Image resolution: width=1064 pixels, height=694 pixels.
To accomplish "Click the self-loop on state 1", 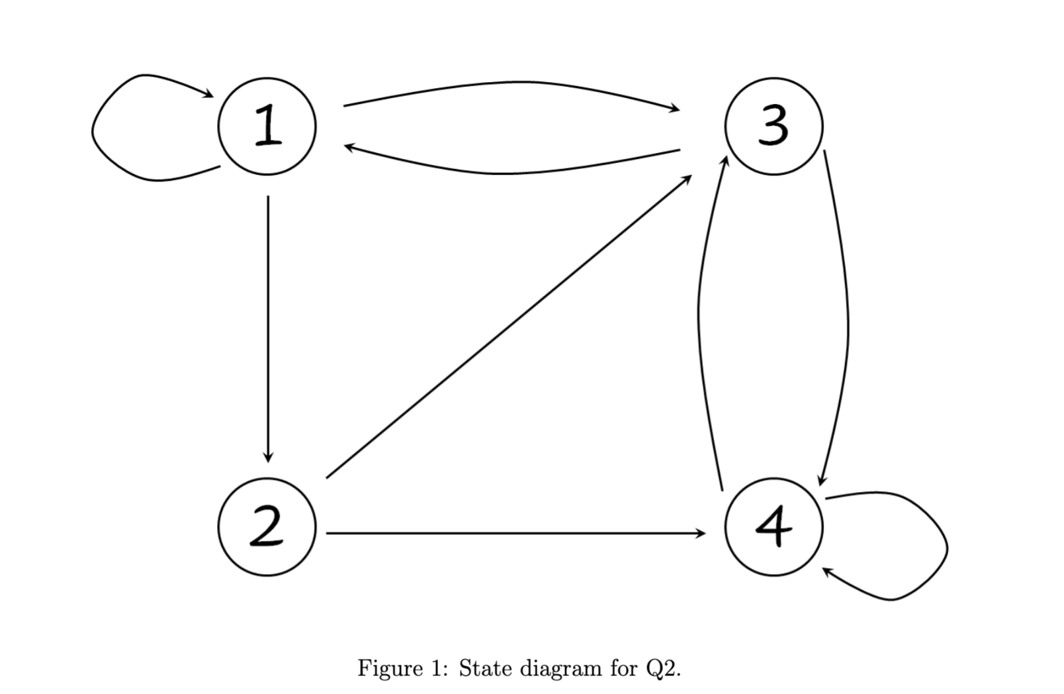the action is [92, 128].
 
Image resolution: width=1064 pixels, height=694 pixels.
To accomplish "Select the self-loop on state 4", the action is [948, 546].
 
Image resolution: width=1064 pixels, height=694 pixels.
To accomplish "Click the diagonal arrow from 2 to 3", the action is [509, 326].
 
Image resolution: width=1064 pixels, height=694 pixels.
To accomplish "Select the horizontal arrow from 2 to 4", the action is [516, 533].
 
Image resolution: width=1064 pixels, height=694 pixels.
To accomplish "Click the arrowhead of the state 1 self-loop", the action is [208, 93].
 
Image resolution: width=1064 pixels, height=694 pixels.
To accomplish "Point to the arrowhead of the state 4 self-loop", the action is [828, 571].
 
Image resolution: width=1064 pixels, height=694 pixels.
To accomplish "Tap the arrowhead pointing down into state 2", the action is [268, 458].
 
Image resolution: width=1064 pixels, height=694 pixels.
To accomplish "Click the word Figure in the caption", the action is [390, 669].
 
